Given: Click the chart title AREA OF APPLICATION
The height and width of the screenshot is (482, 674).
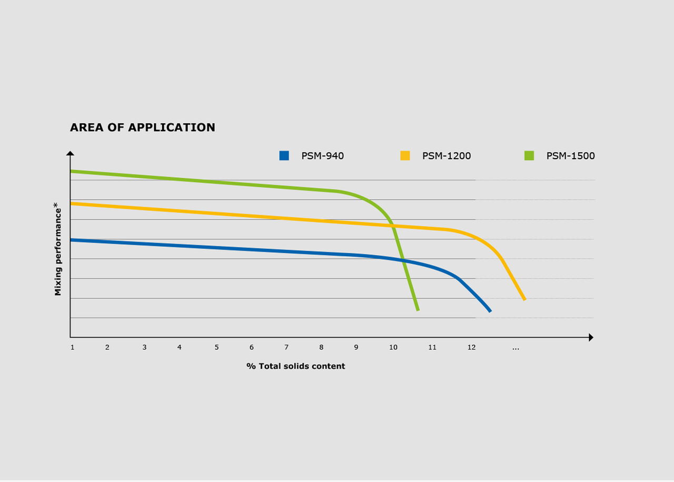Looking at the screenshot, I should [142, 128].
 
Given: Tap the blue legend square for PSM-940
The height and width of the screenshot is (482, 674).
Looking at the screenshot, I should [284, 156].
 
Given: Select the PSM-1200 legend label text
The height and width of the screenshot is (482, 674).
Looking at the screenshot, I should [446, 156].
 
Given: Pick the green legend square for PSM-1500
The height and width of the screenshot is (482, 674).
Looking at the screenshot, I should [529, 156].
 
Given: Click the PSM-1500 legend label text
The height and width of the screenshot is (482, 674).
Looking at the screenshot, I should [570, 156].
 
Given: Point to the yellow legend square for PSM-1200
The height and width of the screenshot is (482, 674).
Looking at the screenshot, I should [405, 156].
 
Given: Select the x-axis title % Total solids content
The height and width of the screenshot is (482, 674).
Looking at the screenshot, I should [295, 366].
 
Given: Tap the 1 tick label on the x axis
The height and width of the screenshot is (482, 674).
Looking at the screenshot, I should [72, 348].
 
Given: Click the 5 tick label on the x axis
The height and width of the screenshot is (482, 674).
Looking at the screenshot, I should [216, 348].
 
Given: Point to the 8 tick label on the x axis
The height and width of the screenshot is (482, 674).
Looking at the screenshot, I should [321, 348].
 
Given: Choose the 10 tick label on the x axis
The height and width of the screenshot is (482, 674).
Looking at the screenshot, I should [393, 348].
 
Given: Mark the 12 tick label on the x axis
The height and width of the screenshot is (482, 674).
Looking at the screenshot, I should [471, 348].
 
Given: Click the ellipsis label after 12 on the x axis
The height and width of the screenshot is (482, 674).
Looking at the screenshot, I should [516, 348].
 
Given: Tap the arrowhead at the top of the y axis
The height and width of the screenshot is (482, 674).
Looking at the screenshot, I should [70, 153].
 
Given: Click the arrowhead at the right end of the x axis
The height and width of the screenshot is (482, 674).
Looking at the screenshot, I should [591, 338].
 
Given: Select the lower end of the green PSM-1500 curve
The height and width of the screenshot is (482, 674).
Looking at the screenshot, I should [418, 309].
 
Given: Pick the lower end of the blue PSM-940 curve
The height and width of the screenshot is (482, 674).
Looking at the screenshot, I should [490, 311].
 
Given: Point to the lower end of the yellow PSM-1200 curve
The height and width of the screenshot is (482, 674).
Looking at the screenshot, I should [524, 298].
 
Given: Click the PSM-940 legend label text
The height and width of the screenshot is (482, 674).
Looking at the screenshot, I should [322, 156].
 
